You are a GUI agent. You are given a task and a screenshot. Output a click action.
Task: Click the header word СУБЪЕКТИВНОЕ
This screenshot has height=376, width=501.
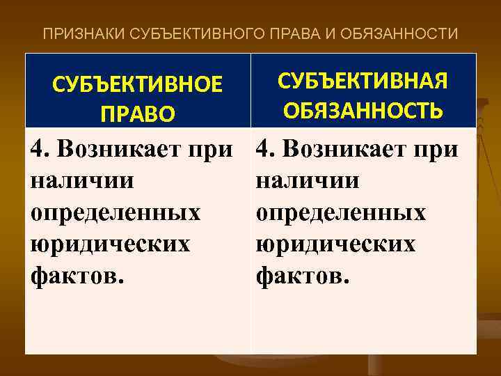(138, 85)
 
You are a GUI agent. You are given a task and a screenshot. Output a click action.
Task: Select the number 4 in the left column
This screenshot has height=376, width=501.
(39, 148)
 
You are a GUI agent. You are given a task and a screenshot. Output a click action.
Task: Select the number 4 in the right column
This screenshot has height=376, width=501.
(263, 148)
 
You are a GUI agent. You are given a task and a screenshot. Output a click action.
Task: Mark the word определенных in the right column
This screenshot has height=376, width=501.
(340, 212)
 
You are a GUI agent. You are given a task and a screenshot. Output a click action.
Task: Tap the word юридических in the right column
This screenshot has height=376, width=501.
(335, 244)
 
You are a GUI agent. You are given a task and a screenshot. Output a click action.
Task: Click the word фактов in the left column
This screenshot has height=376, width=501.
(73, 276)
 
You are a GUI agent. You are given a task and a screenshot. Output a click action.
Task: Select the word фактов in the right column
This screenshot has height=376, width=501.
(297, 276)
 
